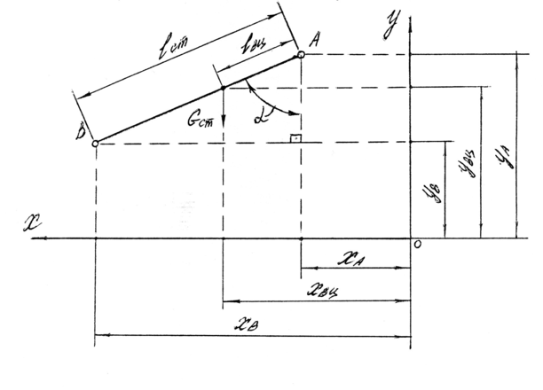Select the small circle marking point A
click(302, 55)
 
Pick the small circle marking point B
click(95, 142)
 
